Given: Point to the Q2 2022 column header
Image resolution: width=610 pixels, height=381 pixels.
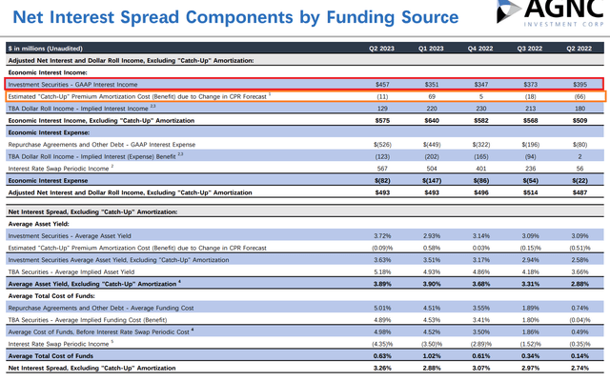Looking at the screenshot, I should point(579,47).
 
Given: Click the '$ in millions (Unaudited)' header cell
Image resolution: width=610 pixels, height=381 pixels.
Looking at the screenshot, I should point(45,47).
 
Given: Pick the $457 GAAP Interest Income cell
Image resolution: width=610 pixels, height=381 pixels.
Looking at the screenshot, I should point(380,84).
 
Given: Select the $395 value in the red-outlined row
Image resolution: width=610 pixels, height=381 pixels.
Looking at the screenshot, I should point(578,84).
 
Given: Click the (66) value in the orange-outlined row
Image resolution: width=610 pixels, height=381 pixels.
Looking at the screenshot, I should point(579,96).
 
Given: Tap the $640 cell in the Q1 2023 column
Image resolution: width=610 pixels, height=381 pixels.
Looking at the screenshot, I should point(431,121).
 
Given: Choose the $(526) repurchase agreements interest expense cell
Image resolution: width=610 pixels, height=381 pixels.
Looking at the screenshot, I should point(380,145).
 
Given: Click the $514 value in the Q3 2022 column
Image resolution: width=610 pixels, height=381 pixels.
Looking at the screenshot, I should point(530,191).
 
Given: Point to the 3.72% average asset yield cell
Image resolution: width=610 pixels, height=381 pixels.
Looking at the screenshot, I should point(381,234).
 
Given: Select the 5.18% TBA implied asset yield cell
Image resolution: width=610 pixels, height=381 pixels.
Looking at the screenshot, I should point(381,271).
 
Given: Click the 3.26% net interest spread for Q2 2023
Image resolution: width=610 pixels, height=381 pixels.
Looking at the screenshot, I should point(381,367).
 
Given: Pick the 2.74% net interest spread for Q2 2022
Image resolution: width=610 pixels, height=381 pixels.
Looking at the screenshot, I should point(579,367).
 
